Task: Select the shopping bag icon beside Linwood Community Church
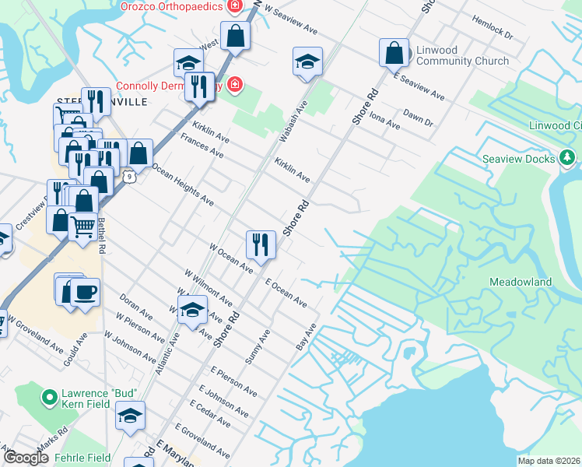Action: coord(394,53)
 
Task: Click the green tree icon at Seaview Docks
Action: coord(568,159)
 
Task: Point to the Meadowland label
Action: coord(521,282)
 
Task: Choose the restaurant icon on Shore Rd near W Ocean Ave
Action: coord(261,244)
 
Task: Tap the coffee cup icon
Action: coord(85,293)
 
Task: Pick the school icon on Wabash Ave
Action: coord(307,61)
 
